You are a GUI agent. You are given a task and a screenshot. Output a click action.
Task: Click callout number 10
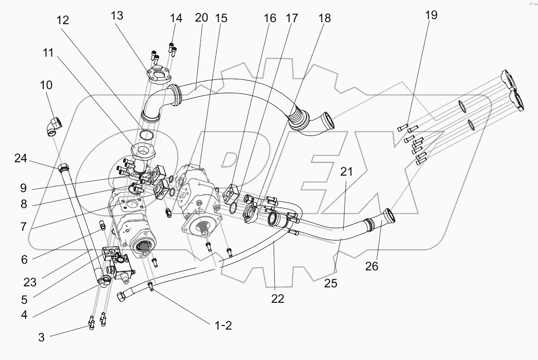tap(46, 85)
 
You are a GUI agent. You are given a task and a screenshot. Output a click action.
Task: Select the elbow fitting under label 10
tap(54, 125)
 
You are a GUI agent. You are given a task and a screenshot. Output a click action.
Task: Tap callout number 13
tap(117, 15)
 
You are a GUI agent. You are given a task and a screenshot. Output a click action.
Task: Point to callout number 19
tap(431, 15)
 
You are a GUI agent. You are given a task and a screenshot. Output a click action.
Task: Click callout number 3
tap(42, 338)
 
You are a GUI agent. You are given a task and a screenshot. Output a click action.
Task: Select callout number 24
tap(21, 159)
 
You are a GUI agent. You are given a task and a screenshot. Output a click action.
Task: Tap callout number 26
tap(372, 266)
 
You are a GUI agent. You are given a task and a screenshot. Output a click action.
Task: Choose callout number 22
tap(278, 299)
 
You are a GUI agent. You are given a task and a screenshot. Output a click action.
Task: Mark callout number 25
tap(331, 283)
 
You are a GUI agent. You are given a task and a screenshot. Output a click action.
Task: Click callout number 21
tap(346, 172)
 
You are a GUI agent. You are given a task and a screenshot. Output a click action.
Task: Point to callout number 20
tap(201, 18)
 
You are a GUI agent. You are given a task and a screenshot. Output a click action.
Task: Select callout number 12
tap(63, 20)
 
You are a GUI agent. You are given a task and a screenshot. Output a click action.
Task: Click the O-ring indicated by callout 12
tap(148, 135)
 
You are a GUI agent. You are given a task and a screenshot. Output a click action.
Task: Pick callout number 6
tap(24, 260)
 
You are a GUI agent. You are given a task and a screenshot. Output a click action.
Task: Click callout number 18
tap(324, 19)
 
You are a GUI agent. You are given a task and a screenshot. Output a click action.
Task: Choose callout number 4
tap(25, 315)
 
